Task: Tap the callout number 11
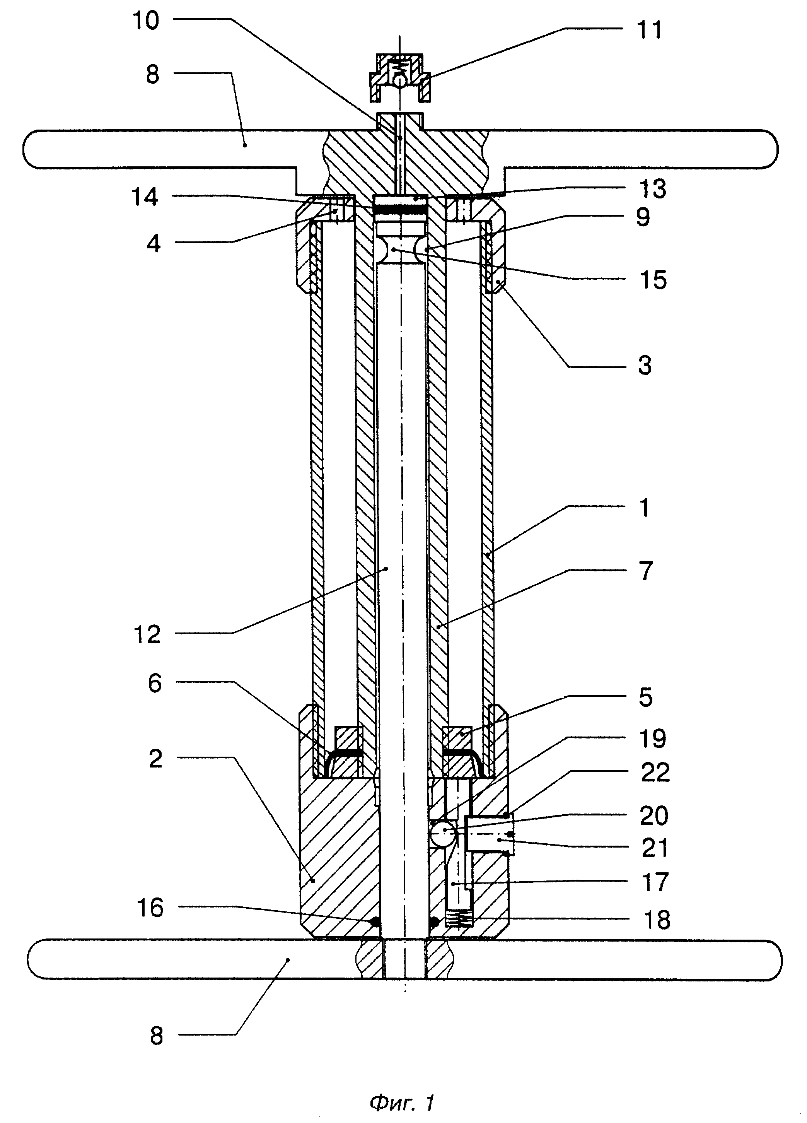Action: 649,30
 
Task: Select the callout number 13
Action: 653,189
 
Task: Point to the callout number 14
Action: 145,197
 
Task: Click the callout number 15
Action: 653,280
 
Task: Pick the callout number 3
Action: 645,366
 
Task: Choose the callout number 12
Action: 147,635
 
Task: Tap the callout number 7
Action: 646,571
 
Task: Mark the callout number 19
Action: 653,739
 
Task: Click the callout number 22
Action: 655,773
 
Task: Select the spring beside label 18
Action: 459,920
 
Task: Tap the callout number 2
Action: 155,759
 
